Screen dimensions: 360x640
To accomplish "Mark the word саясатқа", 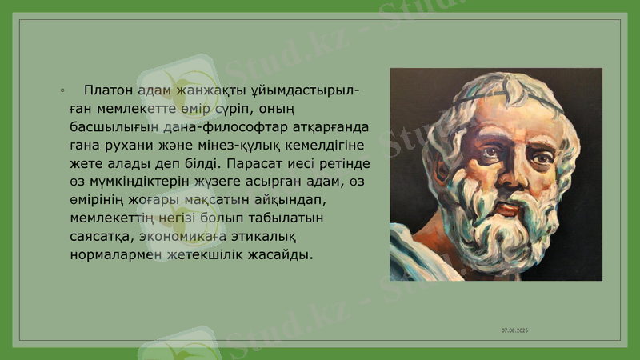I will pos(102,238).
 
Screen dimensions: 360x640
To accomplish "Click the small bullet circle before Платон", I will pos(62,90).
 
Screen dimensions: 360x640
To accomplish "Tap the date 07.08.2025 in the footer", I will pos(514,330).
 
